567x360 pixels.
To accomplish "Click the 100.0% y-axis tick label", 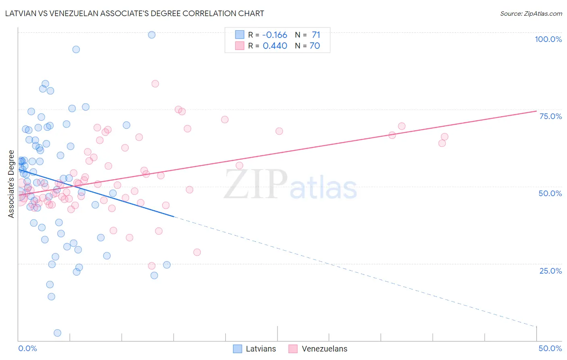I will [548, 39].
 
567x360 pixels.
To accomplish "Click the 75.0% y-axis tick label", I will [550, 116].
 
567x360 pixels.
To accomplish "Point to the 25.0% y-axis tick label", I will [550, 271].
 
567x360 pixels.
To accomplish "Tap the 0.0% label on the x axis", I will [27, 348].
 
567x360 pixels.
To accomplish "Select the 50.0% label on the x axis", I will [550, 348].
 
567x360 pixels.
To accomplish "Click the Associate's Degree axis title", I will [11, 184].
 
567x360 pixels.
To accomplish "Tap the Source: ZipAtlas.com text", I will [531, 14].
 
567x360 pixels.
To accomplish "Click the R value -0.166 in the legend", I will [275, 35].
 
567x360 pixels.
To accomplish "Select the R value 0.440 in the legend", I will [275, 46].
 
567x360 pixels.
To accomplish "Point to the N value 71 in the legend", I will [316, 35].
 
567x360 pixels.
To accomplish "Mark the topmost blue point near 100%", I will [152, 35].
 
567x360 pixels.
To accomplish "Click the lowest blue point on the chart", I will [57, 333].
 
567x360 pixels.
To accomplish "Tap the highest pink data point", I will [155, 84].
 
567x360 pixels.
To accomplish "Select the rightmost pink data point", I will [444, 137].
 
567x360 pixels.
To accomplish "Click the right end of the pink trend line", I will [536, 111].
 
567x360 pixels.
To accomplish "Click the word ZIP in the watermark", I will [255, 184].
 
